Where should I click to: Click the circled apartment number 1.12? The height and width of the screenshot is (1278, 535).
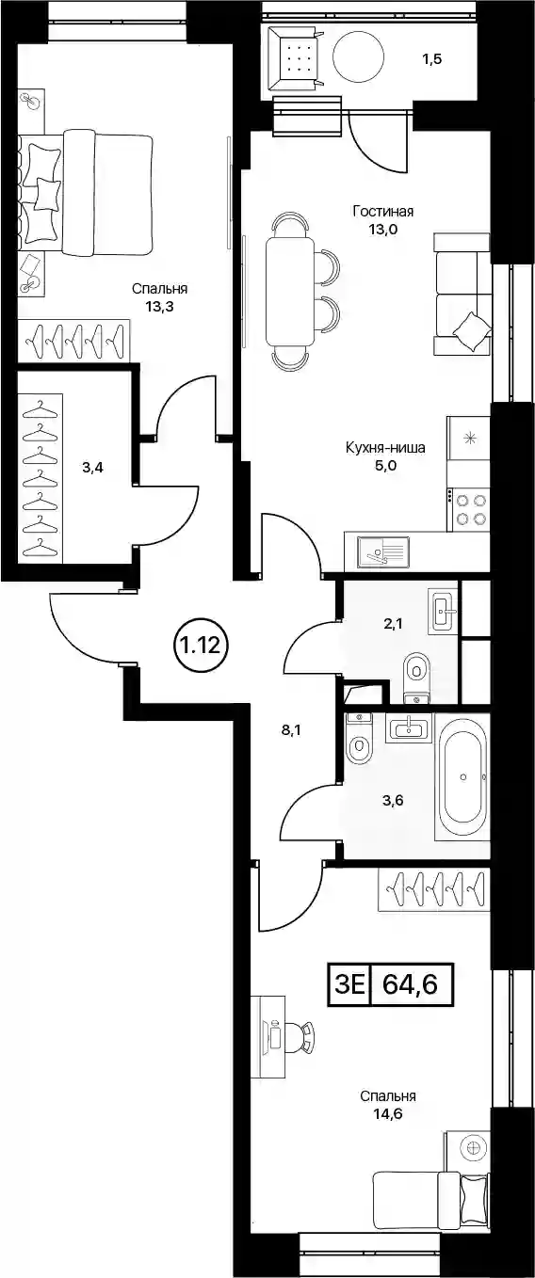pos(201,645)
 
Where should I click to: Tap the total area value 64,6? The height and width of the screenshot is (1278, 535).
pos(410,984)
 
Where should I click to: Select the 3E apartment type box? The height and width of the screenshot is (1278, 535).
pos(349,984)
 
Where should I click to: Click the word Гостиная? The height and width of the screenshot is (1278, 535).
pos(382,212)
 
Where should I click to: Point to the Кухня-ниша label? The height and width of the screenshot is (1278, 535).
pos(385,448)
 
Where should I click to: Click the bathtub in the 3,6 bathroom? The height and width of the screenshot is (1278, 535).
pos(462,775)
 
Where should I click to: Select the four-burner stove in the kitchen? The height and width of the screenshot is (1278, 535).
pos(468,509)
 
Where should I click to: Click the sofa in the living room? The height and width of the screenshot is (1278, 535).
pos(462,295)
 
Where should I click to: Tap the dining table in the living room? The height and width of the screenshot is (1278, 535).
pos(290,291)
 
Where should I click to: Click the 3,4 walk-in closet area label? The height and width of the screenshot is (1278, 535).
pos(92,469)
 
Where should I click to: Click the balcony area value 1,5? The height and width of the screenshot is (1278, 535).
pos(431,59)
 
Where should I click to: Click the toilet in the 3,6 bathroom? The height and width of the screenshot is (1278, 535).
pos(360,738)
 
